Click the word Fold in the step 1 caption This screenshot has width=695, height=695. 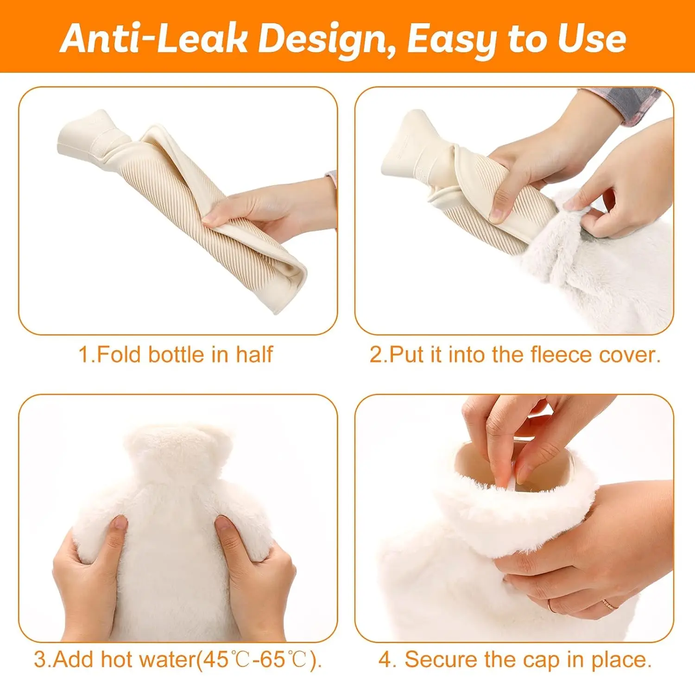(x=118, y=354)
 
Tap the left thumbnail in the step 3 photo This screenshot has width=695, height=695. (x=120, y=523)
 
